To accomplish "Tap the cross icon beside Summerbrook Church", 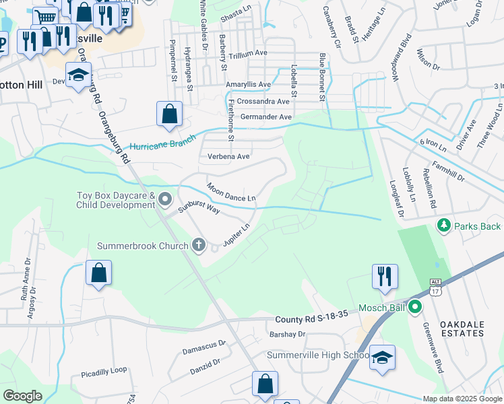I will (x=198, y=245).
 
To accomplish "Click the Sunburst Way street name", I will (x=199, y=207).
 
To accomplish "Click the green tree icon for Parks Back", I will (x=443, y=226).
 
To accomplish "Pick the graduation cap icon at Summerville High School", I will (x=382, y=358).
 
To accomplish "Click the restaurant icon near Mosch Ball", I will (x=385, y=276).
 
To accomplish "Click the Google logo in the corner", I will (x=22, y=396).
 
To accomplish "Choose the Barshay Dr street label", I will (x=287, y=333).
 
